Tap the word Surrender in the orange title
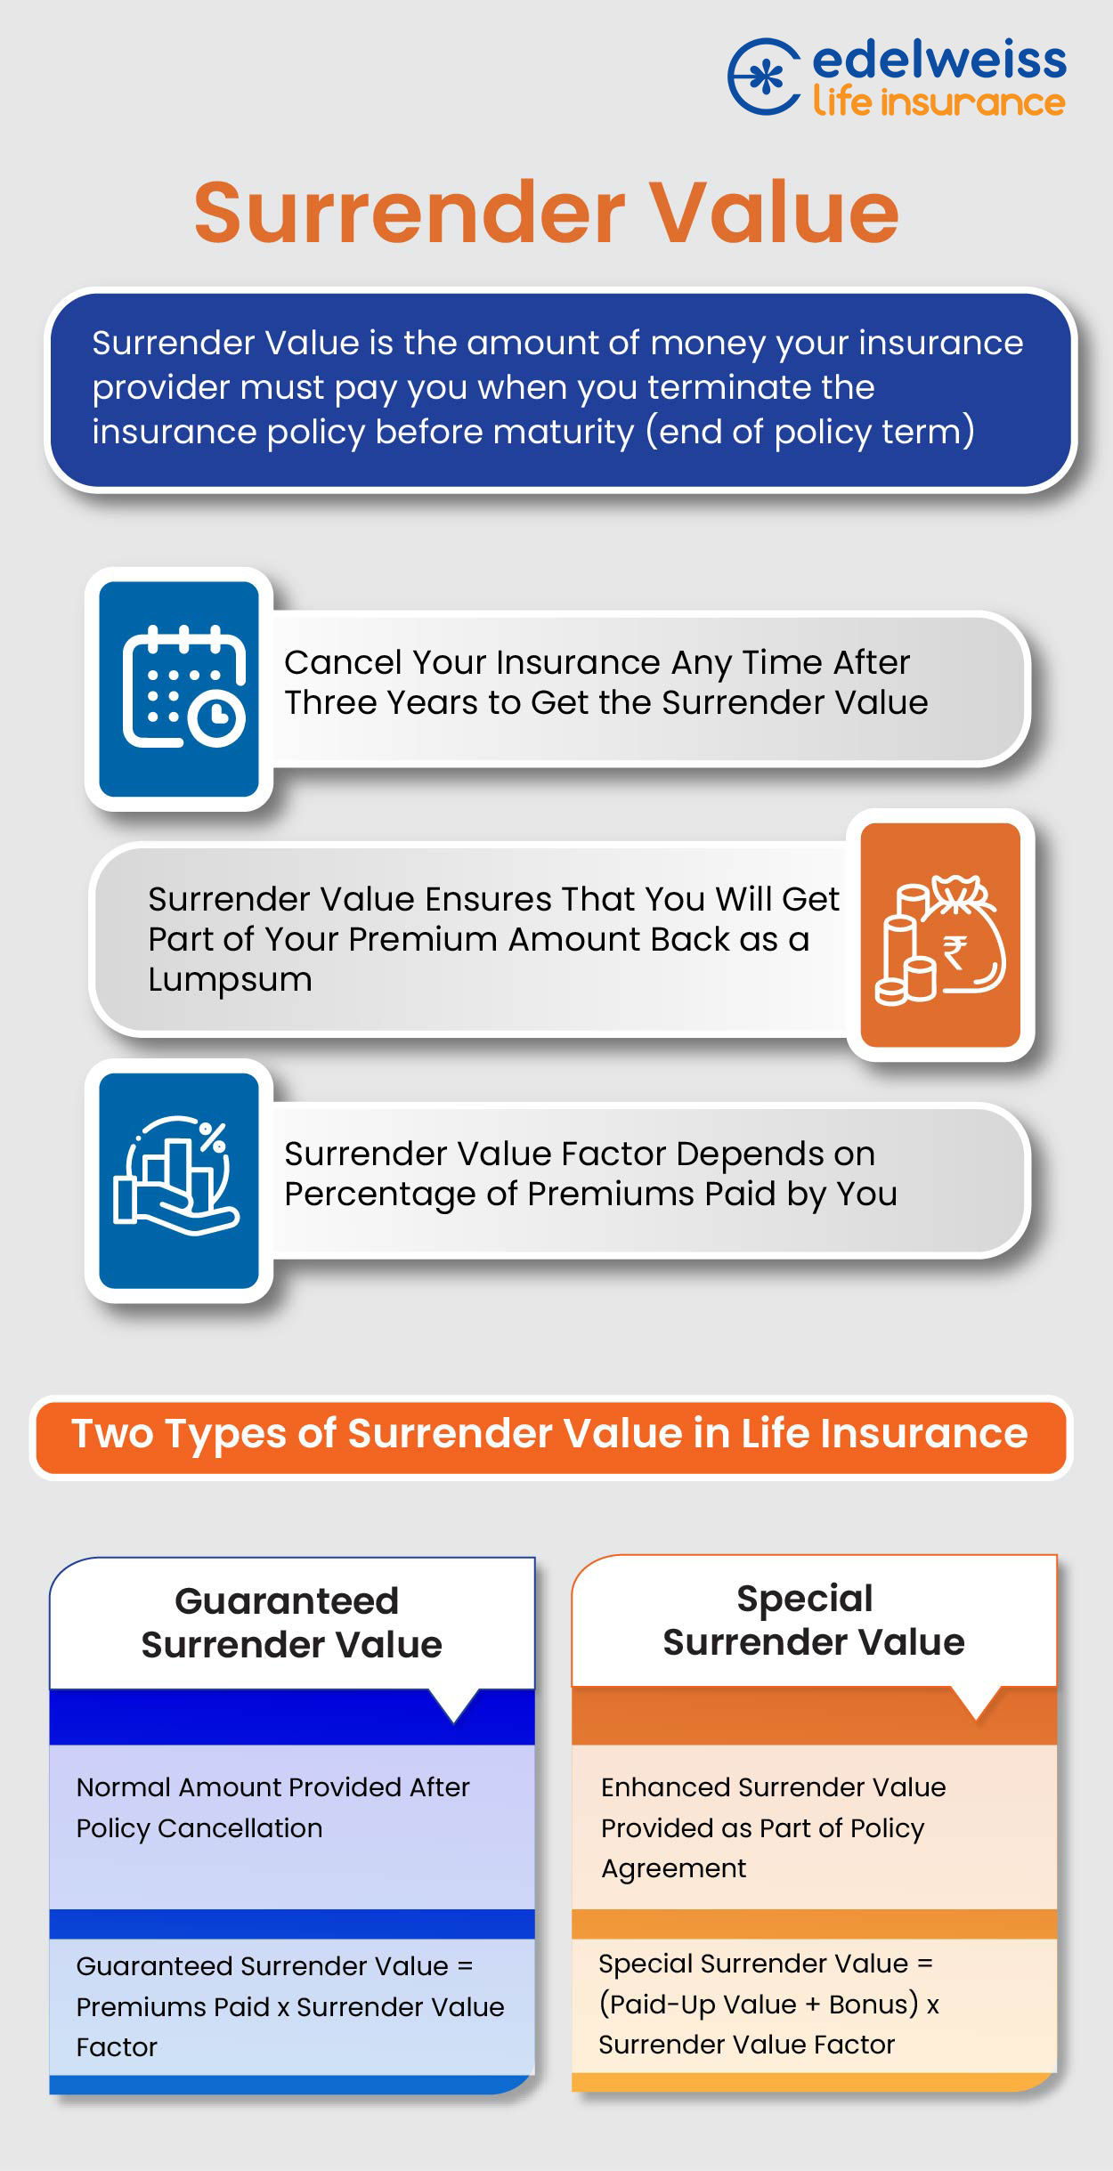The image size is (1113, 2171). [x=410, y=213]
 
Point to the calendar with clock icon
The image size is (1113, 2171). [x=183, y=687]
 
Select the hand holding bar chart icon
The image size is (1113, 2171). [x=177, y=1176]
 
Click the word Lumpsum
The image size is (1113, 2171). [x=230, y=979]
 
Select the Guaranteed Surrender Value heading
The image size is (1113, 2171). [x=290, y=1623]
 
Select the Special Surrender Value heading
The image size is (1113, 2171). [x=813, y=1620]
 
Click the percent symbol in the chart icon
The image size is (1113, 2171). [x=212, y=1137]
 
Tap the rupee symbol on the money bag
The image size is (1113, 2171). [x=955, y=952]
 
